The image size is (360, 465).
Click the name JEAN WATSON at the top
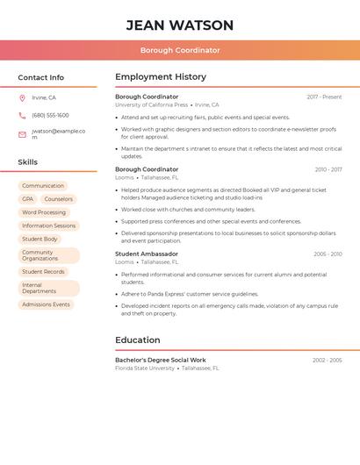coord(180,25)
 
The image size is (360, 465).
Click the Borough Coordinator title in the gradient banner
coord(180,50)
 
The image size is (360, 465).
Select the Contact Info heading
coord(41,77)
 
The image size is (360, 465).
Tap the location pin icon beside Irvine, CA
coord(22,98)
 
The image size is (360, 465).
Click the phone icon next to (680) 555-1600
coord(22,116)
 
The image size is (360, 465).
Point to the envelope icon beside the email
coord(22,134)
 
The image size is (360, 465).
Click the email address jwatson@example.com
coord(58,133)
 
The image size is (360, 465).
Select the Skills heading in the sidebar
coord(28,162)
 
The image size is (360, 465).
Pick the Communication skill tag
coord(43,186)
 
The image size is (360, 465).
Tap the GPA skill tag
coord(28,199)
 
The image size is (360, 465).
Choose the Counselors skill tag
coord(59,199)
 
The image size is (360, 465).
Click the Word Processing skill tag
coord(44,212)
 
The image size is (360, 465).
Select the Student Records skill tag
coord(44,272)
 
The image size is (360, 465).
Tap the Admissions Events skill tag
coord(46,304)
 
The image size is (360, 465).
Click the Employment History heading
coord(161,77)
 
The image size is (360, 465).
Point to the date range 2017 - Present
coord(324,97)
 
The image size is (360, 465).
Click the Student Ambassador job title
coord(147,254)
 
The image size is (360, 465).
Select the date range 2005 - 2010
coord(328,254)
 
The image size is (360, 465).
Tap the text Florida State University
coord(145,368)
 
